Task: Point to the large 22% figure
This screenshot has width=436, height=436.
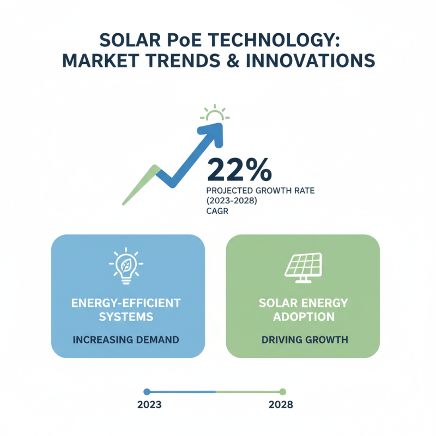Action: (x=238, y=170)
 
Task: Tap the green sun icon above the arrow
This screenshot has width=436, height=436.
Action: (x=215, y=113)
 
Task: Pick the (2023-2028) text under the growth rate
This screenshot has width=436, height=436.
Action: (x=231, y=202)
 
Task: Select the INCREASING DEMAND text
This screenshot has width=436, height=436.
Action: (x=128, y=340)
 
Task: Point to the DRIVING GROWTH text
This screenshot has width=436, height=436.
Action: (x=302, y=340)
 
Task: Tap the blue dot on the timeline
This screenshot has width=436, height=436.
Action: (x=147, y=391)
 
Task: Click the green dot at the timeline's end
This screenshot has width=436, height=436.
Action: (x=282, y=391)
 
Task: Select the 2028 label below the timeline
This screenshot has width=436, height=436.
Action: (x=281, y=405)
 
